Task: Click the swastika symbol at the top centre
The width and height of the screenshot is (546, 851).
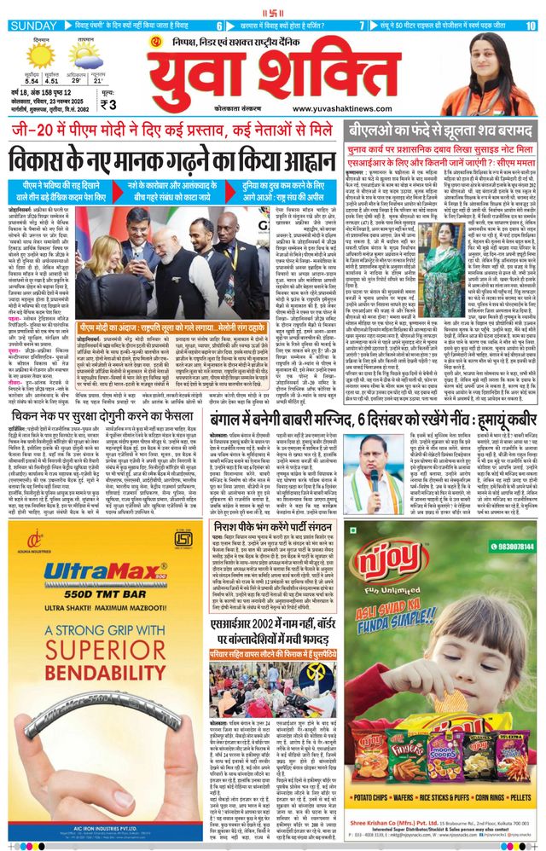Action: tap(273, 8)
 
